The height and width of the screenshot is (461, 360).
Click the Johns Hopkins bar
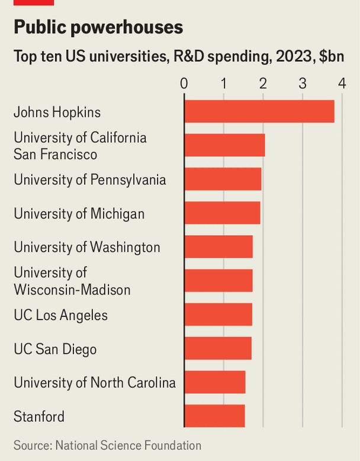click(259, 111)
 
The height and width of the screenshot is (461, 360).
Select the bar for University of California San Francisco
click(225, 145)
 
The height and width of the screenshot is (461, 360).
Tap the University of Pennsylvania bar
click(223, 179)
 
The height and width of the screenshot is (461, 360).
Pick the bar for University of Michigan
click(223, 213)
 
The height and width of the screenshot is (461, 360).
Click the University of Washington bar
click(218, 246)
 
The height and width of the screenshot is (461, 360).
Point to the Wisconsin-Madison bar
click(218, 280)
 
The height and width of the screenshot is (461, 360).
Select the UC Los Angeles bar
click(218, 314)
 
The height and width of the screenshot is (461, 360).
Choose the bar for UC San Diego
click(218, 348)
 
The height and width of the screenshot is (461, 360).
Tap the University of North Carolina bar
click(215, 382)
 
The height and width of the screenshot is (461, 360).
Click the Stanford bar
click(214, 416)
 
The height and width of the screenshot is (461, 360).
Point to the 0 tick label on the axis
click(184, 84)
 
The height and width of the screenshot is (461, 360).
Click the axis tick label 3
click(303, 84)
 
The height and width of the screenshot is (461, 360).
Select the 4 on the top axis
click(342, 84)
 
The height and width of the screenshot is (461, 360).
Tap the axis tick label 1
click(224, 84)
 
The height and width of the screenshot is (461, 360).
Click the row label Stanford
click(39, 417)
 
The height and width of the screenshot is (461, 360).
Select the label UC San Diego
click(55, 350)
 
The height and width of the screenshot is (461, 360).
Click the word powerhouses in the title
click(127, 27)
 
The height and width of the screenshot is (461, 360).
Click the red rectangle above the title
click(34, 2)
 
